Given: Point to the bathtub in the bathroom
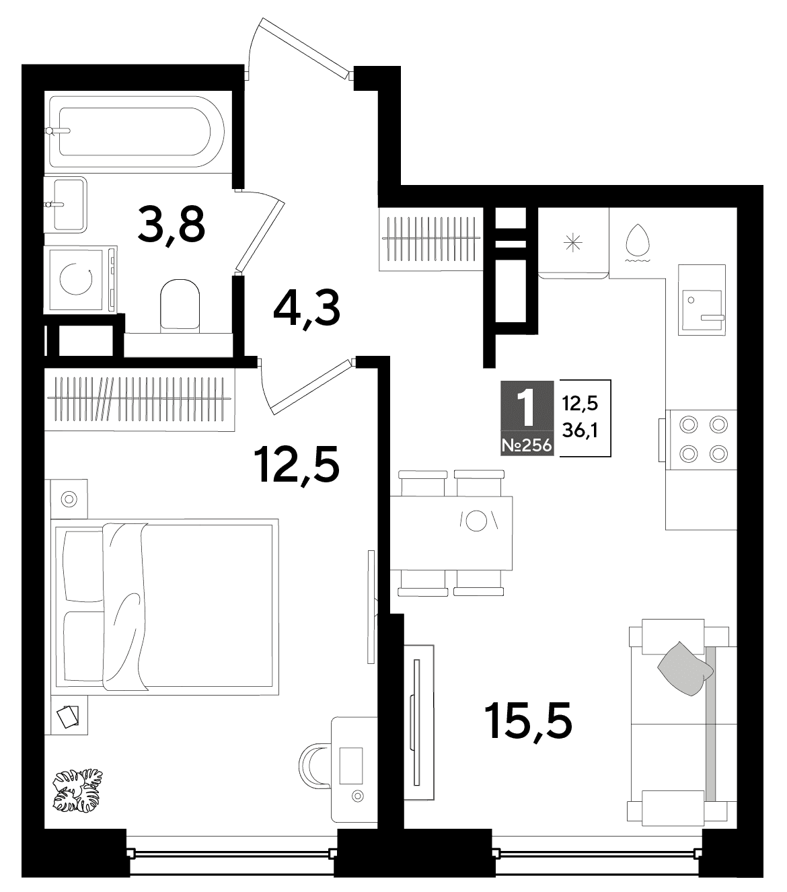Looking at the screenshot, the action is coord(137,132).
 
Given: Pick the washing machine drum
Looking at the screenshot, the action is coord(76,278).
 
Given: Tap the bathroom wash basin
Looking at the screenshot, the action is coord(65,205).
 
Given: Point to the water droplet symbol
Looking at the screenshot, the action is coord(638,241).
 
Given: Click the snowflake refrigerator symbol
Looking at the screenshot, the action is coord(573,243).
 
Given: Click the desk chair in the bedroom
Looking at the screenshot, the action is coord(314,766).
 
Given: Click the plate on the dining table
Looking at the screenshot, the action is coord(476,521).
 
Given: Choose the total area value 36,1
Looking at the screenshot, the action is coord(580,431).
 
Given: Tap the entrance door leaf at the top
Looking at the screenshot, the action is coord(304,48).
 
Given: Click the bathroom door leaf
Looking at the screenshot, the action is coord(260,235).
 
